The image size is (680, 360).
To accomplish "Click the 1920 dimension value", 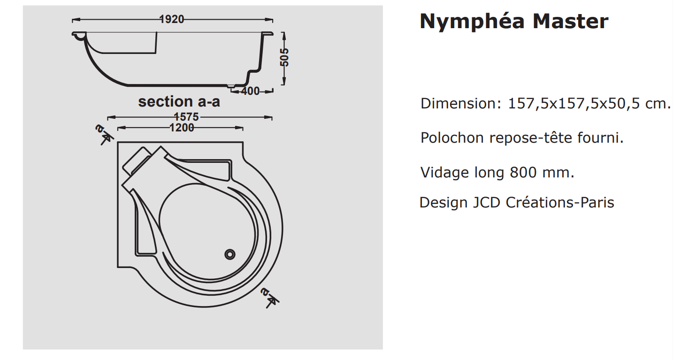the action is click(x=172, y=19).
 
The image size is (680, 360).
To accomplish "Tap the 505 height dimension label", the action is click(x=284, y=57).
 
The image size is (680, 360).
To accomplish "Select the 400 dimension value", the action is click(x=251, y=91).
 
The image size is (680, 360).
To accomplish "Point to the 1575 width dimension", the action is click(x=186, y=117).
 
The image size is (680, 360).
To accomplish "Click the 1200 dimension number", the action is click(x=182, y=128).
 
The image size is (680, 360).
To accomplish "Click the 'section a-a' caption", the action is click(x=179, y=101).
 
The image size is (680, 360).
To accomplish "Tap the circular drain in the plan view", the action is click(x=230, y=254).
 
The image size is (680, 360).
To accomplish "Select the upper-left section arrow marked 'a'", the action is click(x=104, y=134).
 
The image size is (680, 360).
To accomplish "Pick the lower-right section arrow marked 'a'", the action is click(x=269, y=298).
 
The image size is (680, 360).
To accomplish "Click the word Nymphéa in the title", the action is click(x=472, y=22).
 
